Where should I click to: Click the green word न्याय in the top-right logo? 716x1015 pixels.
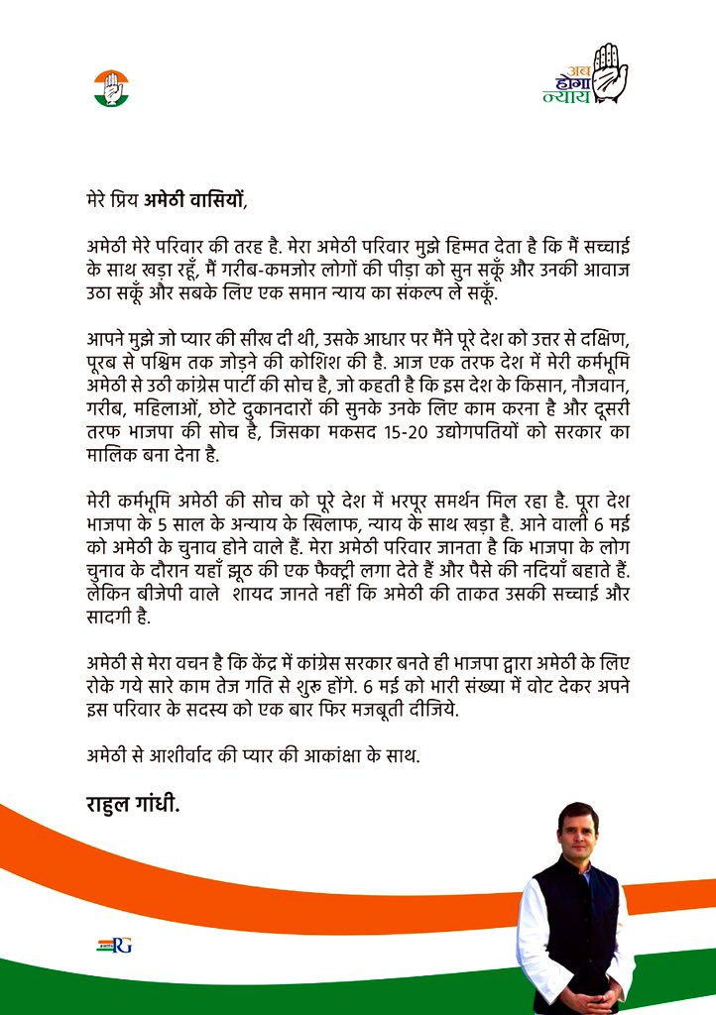click(566, 96)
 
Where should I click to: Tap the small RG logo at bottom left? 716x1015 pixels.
click(114, 945)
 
